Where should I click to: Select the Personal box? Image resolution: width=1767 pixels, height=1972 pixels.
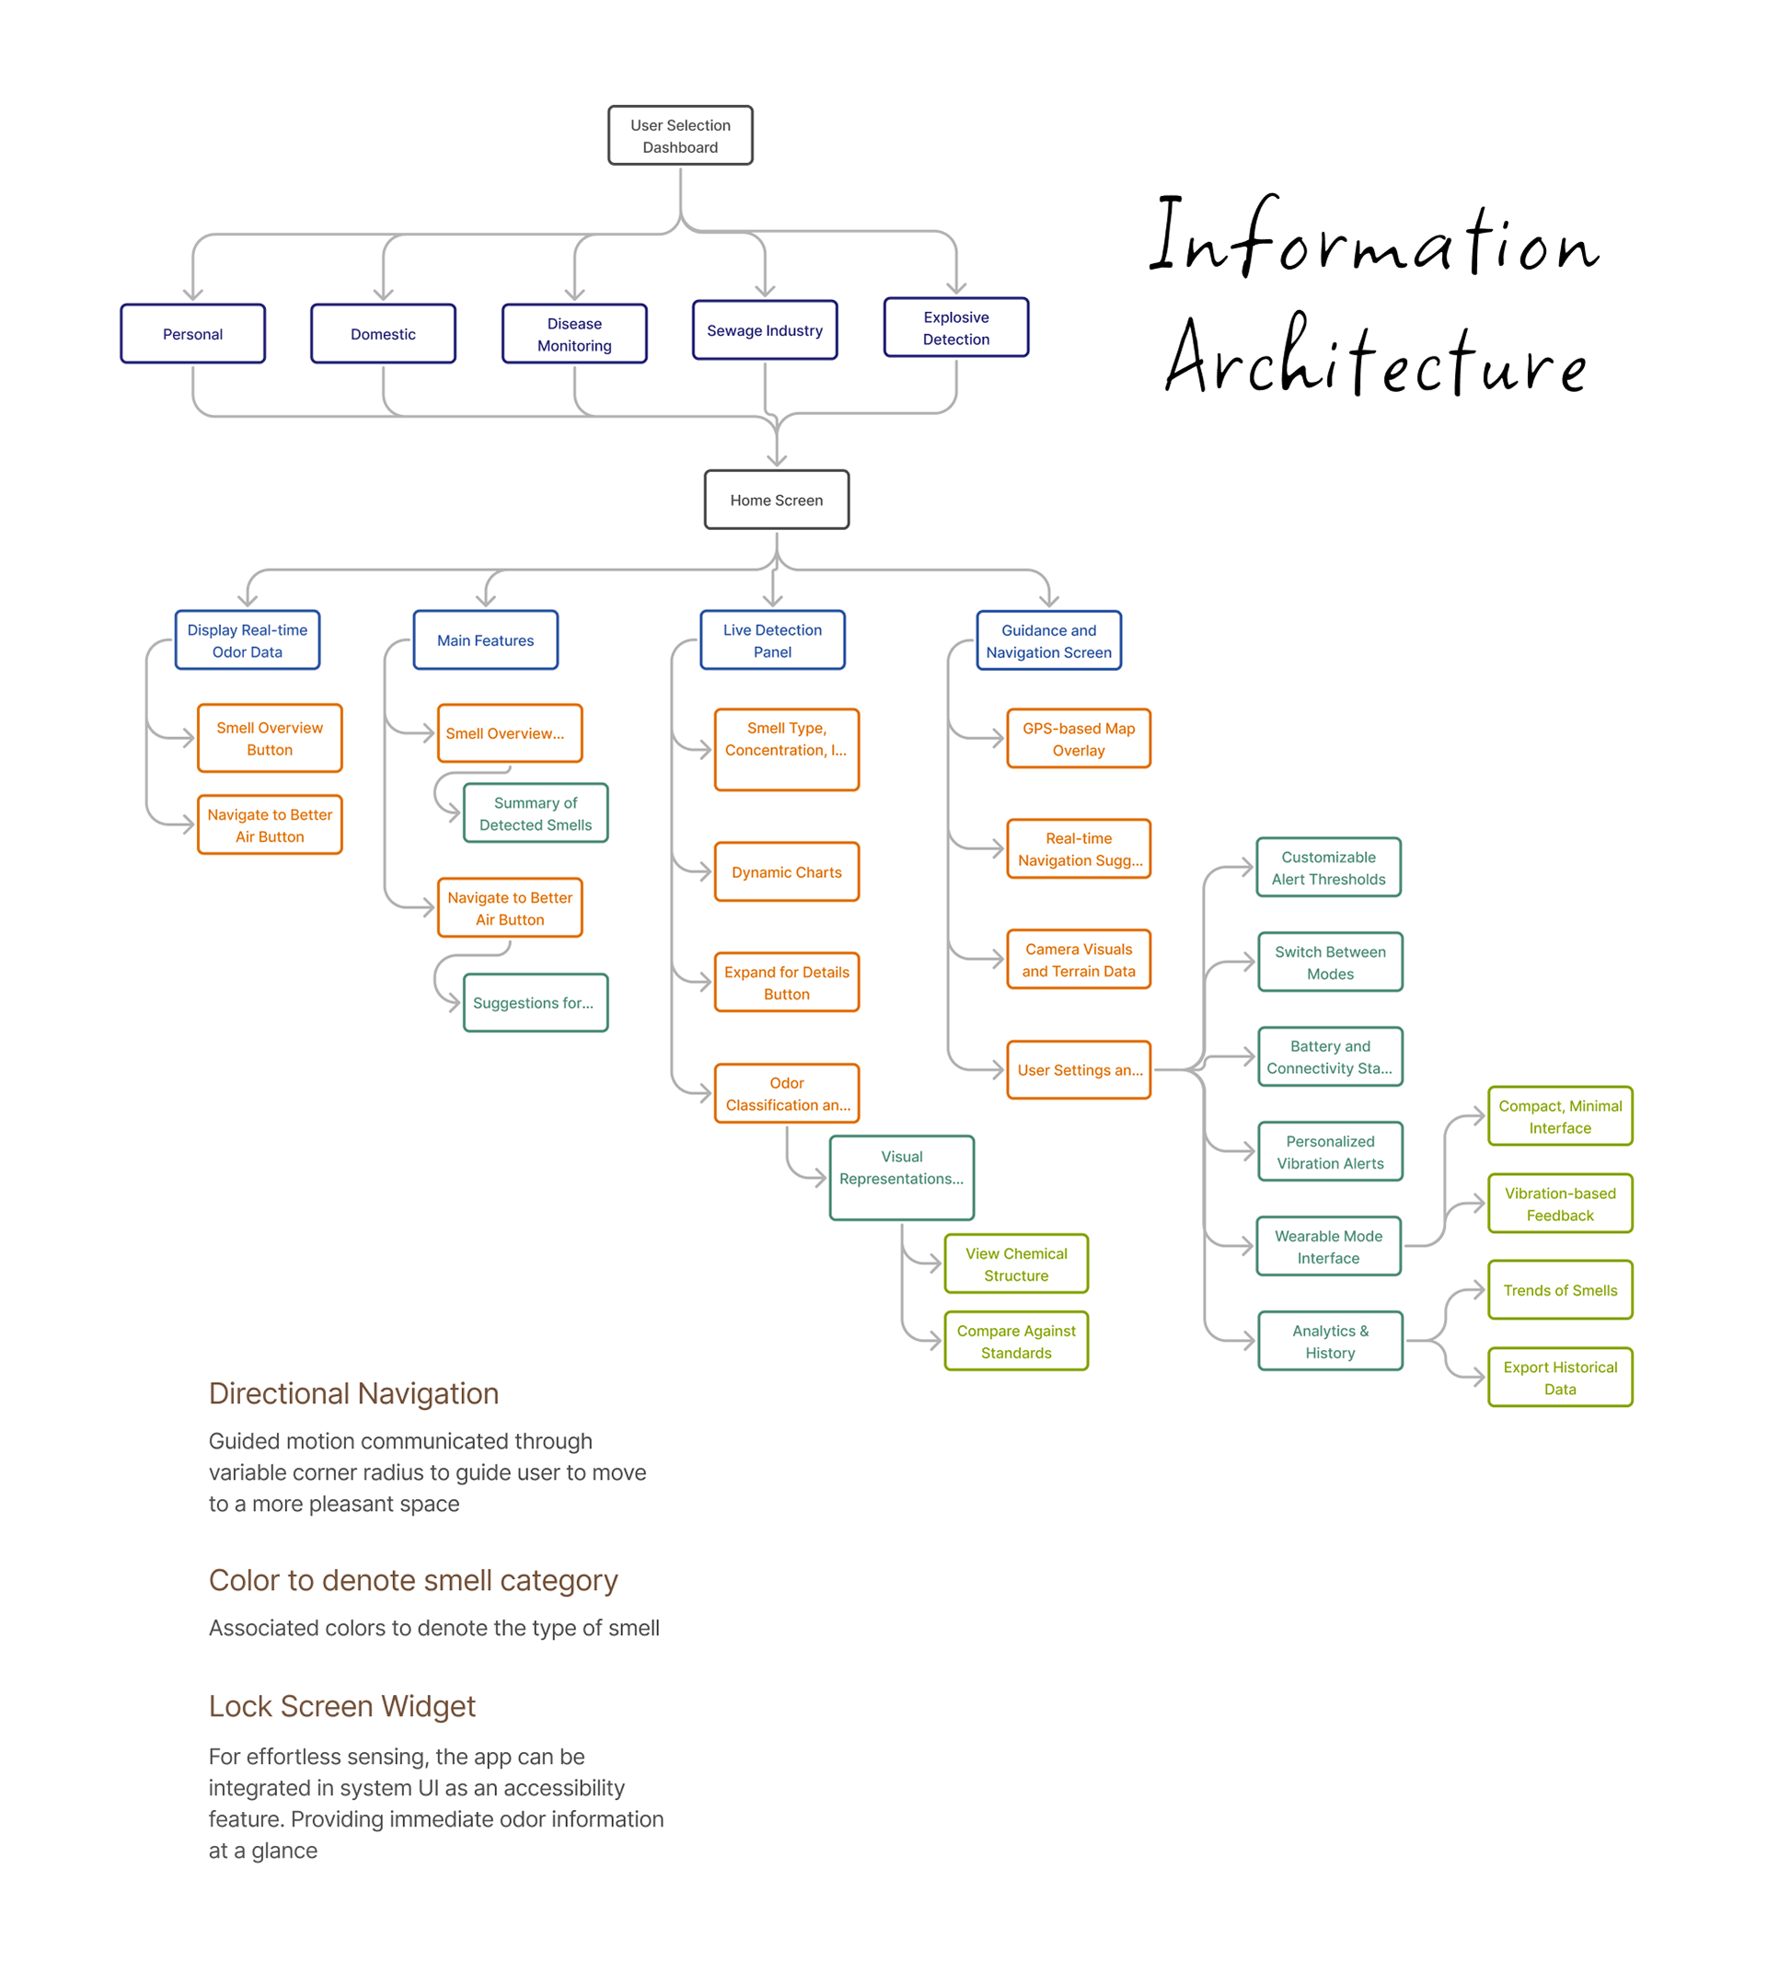coord(192,333)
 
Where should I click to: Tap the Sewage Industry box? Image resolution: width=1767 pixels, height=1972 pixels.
coord(764,330)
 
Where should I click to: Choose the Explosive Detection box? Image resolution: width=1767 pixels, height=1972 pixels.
coord(955,328)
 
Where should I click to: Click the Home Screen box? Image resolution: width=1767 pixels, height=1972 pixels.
coord(776,499)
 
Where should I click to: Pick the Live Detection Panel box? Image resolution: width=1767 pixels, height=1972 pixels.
coord(772,640)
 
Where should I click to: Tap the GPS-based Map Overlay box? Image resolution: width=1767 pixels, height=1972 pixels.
coord(1078,738)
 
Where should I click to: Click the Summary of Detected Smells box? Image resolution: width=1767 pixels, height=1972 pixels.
coord(535,813)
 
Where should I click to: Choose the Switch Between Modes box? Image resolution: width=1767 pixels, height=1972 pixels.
coord(1329,962)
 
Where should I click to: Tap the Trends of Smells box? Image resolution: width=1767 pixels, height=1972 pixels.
coord(1559,1289)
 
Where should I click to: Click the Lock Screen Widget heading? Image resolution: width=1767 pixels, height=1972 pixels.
coord(341,1706)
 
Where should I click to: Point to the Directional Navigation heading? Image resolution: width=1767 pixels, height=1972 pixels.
coord(353,1393)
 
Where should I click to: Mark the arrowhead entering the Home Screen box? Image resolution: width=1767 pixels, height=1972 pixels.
coord(777,459)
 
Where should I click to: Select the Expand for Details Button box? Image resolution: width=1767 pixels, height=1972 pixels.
coord(787,982)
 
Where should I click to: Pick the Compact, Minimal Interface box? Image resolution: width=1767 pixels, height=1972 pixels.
coord(1559,1115)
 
